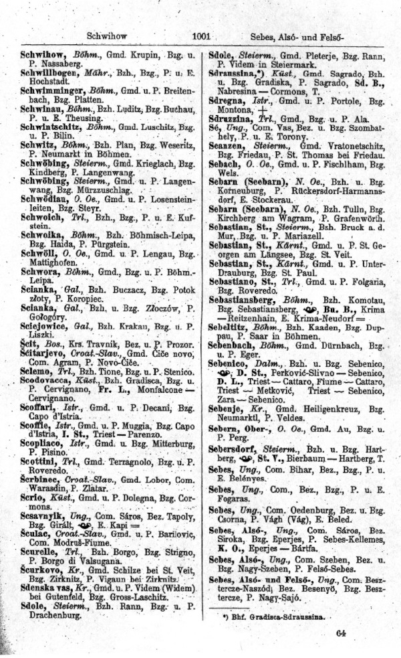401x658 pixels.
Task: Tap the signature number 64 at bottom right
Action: [x=342, y=633]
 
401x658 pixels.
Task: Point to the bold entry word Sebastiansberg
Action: [x=251, y=301]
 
